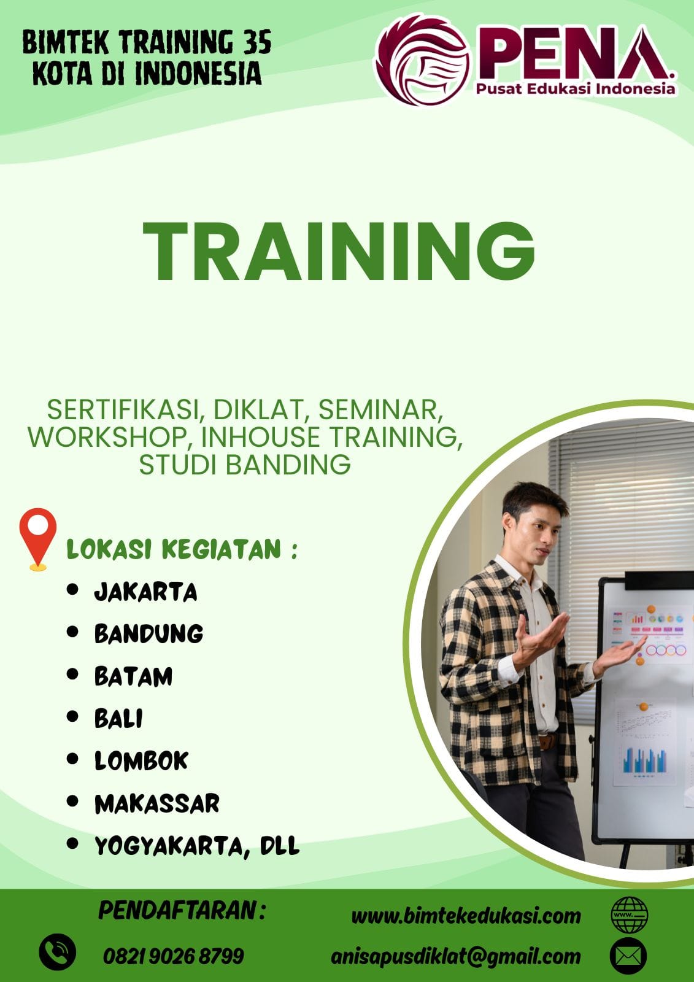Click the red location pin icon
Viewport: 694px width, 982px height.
pyautogui.click(x=37, y=539)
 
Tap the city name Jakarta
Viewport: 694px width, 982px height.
pyautogui.click(x=145, y=592)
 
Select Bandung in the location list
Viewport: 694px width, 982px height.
pyautogui.click(x=148, y=634)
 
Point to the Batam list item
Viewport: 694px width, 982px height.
pyautogui.click(x=133, y=676)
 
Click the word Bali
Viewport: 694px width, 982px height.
pyautogui.click(x=118, y=719)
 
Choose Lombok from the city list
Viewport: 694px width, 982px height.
pyautogui.click(x=141, y=760)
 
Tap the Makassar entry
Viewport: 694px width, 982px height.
pyautogui.click(x=156, y=803)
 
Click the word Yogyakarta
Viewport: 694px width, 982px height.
pyautogui.click(x=169, y=846)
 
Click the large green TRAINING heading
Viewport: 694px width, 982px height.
pyautogui.click(x=339, y=251)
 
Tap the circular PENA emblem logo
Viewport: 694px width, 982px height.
pyautogui.click(x=423, y=61)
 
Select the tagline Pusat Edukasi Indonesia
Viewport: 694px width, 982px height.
pyautogui.click(x=576, y=89)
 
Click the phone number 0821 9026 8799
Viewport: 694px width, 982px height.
pyautogui.click(x=174, y=956)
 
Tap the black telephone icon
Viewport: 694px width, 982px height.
pyautogui.click(x=58, y=952)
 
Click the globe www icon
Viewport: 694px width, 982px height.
pyautogui.click(x=630, y=915)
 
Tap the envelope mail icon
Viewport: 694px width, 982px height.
pyautogui.click(x=628, y=956)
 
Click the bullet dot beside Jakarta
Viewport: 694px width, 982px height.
pyautogui.click(x=72, y=590)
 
